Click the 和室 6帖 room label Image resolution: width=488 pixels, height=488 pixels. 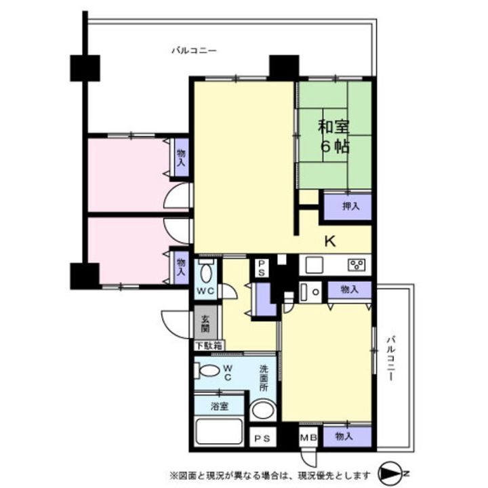coord(333,137)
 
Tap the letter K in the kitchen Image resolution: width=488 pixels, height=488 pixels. coord(330,241)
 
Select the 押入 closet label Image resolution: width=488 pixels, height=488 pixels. coord(351,206)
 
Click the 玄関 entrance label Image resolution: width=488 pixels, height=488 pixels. coord(205,324)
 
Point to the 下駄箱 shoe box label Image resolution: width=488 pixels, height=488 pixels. coord(209,346)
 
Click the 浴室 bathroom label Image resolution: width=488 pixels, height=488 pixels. coord(220,406)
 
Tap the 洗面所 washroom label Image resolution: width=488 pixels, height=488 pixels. coord(264,378)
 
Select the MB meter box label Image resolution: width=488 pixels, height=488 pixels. coord(308,438)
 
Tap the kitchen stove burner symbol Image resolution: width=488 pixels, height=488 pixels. coord(357,265)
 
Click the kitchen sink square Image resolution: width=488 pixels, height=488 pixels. coord(314,265)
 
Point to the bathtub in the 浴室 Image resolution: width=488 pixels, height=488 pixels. coord(219,432)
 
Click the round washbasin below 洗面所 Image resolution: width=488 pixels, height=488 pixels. coord(263,410)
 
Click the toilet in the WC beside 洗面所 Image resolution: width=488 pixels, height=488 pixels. coord(207,370)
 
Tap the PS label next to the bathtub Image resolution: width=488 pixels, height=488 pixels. coord(262,439)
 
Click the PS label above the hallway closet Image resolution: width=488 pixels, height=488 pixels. coord(261,268)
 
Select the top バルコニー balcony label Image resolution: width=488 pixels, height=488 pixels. coord(195,50)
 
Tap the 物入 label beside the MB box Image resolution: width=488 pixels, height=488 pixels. coord(344,436)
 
